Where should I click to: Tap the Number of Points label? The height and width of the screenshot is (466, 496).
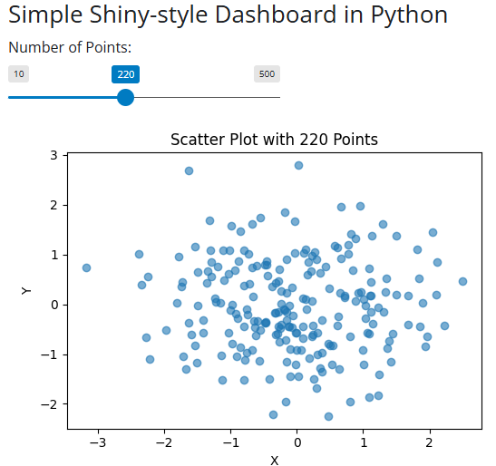pos(70,48)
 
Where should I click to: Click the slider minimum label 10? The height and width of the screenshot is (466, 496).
pos(19,74)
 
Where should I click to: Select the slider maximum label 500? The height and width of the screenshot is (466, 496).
pos(267,74)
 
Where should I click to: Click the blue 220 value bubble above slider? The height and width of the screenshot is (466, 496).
pos(125,74)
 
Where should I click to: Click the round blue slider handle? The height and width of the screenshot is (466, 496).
pos(126,97)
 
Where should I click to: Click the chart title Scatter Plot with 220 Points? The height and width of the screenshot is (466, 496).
pos(274,140)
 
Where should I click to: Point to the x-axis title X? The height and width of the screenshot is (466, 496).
pos(274,460)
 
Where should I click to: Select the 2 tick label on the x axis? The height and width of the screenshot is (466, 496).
pos(430,442)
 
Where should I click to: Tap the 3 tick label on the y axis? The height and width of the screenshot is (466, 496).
pos(53,156)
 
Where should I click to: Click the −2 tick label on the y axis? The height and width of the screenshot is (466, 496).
pos(49,403)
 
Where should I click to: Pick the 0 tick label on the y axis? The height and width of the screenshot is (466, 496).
pos(53,305)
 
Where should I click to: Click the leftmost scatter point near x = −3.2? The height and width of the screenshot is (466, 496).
pos(86,268)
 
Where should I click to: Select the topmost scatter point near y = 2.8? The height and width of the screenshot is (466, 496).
pos(298,166)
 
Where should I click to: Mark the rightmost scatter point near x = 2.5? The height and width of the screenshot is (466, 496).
pos(462,281)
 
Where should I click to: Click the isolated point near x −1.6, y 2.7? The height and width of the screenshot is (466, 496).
pos(189,170)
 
